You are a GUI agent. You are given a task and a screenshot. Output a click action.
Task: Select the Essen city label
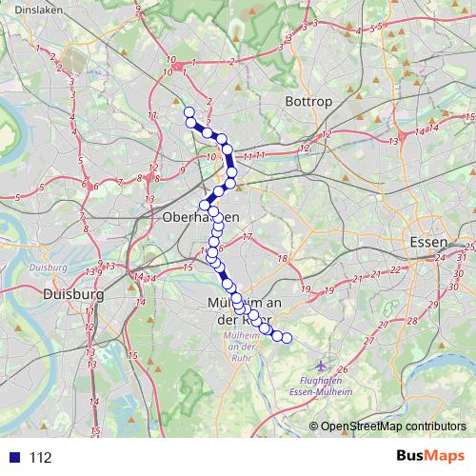click(426, 242)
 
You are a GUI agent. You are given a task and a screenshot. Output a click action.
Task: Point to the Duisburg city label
click(72, 295)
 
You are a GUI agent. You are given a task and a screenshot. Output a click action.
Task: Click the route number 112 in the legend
click(41, 458)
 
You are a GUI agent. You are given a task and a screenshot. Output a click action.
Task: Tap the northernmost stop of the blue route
click(188, 113)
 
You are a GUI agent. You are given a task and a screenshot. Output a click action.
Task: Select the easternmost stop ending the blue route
click(286, 338)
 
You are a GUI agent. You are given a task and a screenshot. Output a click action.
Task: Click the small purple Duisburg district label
click(46, 268)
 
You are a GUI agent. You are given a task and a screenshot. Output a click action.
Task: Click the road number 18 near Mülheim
click(282, 259)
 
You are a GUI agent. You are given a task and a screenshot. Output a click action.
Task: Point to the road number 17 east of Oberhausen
click(247, 237)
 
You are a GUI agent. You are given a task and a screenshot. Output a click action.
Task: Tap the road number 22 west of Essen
click(394, 272)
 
